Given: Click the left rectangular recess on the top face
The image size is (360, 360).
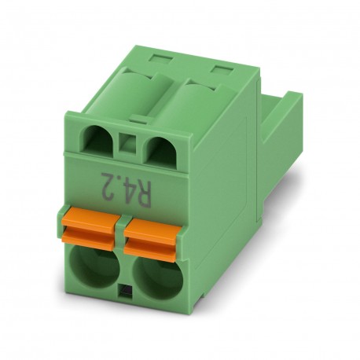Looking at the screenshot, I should [x=160, y=60].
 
